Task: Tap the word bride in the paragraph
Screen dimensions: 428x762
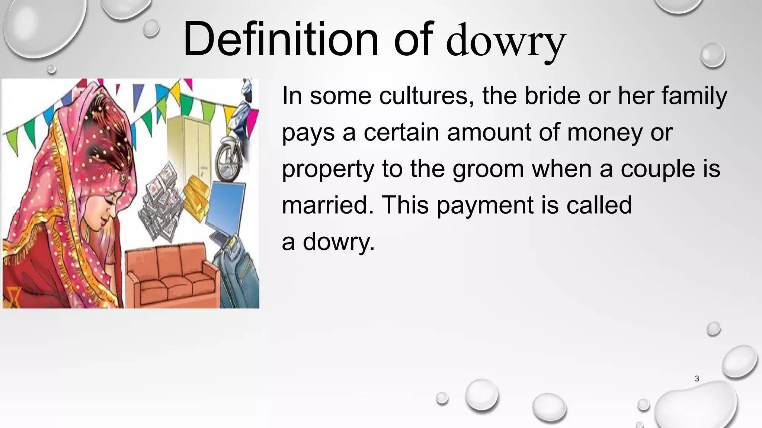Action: pyautogui.click(x=552, y=96)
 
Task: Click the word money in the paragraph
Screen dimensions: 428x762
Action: pyautogui.click(x=605, y=132)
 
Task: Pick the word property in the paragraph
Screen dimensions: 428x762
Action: pyautogui.click(x=327, y=169)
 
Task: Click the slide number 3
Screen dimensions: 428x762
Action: pyautogui.click(x=697, y=379)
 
